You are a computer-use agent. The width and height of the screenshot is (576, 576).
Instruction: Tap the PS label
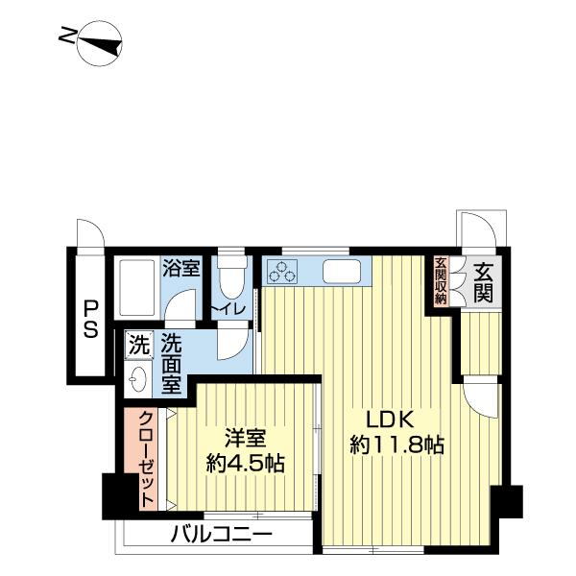pyautogui.click(x=89, y=318)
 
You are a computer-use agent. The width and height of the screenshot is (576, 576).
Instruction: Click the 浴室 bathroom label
pyautogui.click(x=180, y=268)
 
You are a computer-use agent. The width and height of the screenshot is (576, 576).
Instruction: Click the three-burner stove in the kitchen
pyautogui.click(x=285, y=272)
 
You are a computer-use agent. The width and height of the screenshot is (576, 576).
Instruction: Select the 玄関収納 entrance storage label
pyautogui.click(x=441, y=280)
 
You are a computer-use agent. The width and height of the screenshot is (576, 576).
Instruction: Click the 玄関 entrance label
pyautogui.click(x=482, y=280)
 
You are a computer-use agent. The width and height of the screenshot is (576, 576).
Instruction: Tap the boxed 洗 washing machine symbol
pyautogui.click(x=139, y=343)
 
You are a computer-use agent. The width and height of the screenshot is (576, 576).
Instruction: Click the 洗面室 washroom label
pyautogui.click(x=171, y=362)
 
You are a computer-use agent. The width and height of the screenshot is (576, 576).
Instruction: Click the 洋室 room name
pyautogui.click(x=244, y=439)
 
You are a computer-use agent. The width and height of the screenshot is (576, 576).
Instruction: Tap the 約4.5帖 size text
pyautogui.click(x=245, y=465)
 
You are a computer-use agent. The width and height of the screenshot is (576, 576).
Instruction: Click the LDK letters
pyautogui.click(x=389, y=420)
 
